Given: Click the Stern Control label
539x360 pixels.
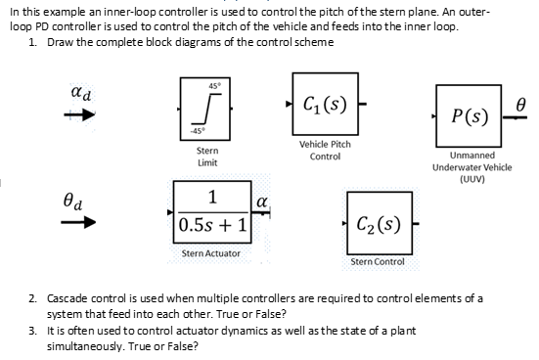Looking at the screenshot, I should coord(377,262).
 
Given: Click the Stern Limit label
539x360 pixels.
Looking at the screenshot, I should coord(206,157).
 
